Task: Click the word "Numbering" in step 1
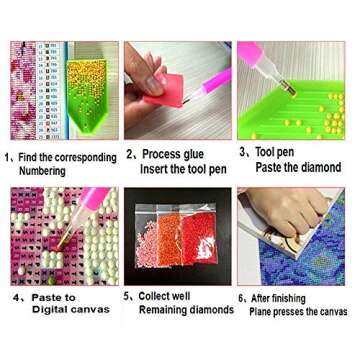[x=46, y=171]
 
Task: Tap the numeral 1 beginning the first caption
[x=8, y=158]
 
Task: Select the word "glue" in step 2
[x=192, y=154]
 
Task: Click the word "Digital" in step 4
[x=39, y=311]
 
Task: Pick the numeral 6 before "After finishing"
[x=241, y=298]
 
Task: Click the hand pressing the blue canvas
[x=300, y=215]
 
